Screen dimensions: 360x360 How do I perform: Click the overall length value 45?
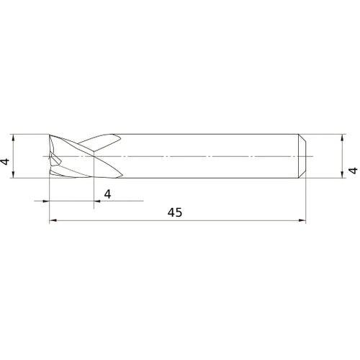click(175, 212)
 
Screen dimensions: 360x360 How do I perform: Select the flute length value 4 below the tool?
click(107, 193)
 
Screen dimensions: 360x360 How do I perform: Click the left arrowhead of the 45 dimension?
click(53, 222)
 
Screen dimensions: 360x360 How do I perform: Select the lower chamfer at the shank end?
click(302, 175)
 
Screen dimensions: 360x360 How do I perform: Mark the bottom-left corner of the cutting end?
click(49, 176)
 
